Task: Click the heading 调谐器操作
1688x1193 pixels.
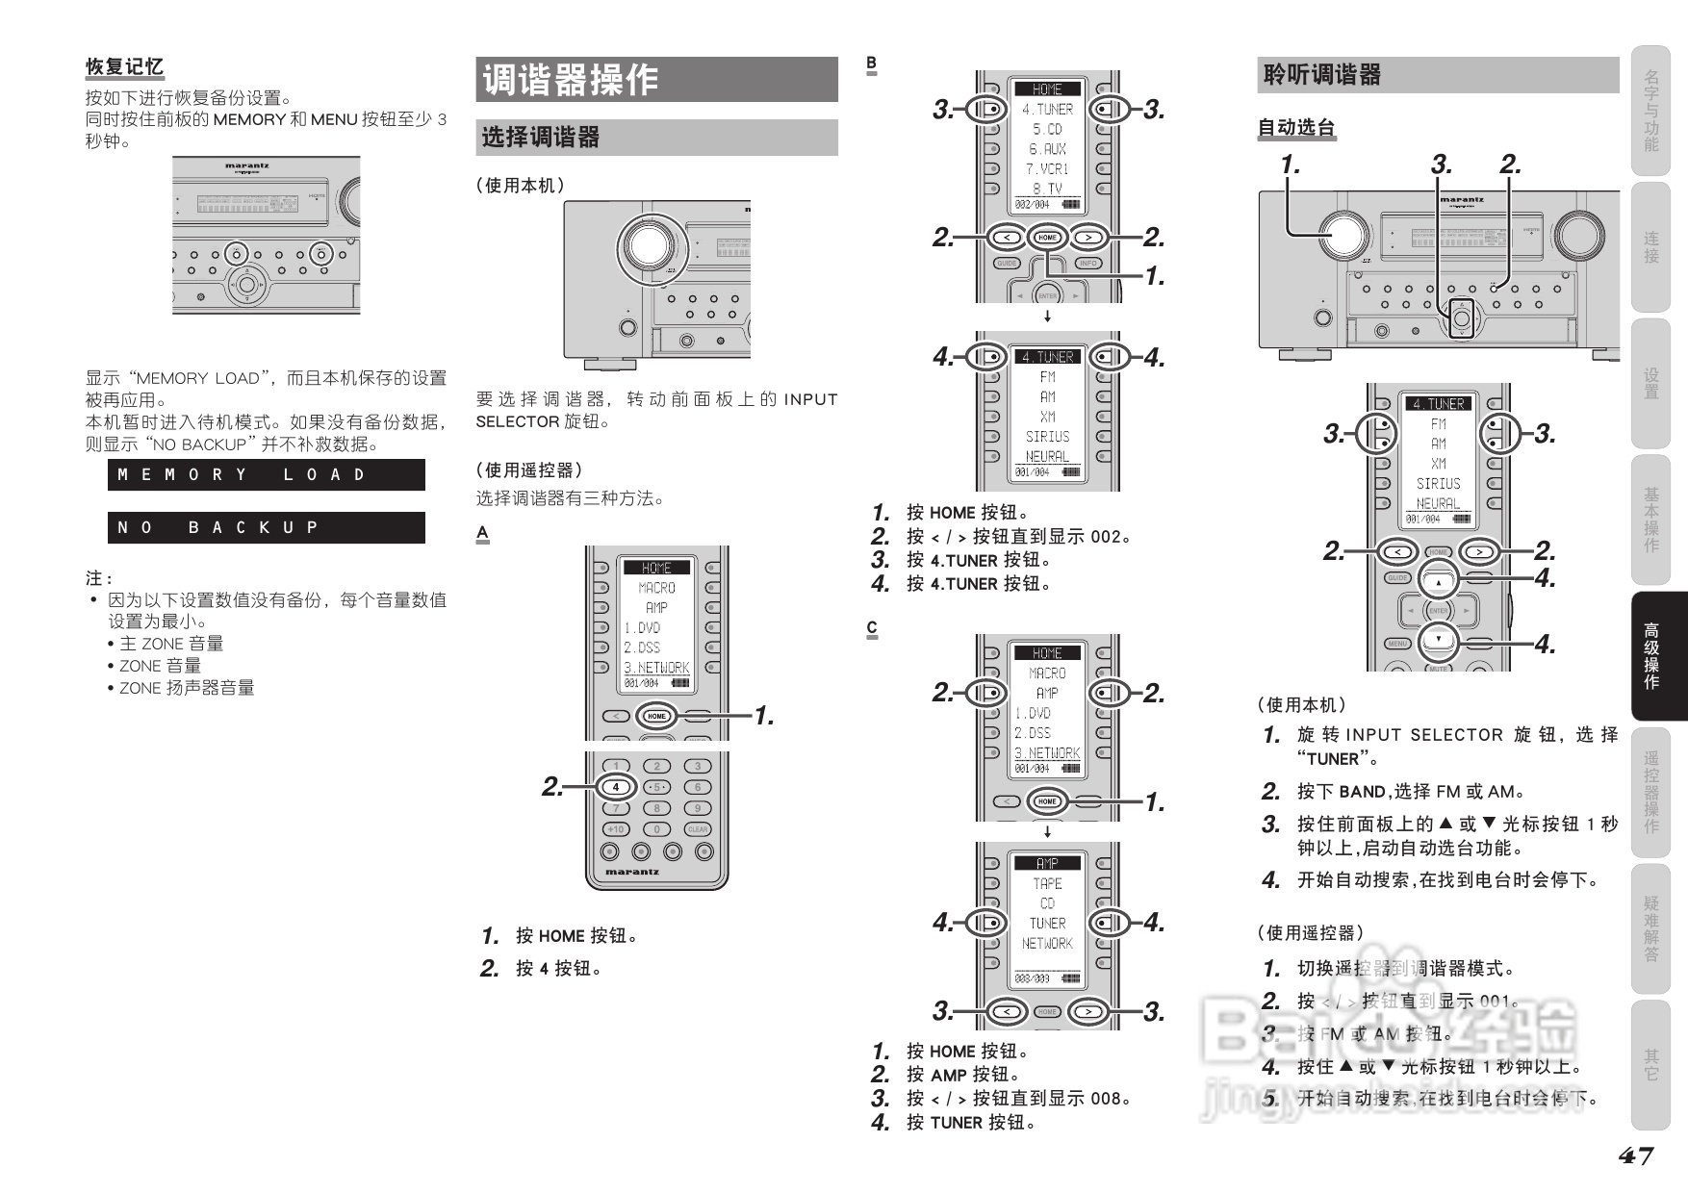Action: (570, 80)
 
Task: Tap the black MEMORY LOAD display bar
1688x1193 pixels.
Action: (266, 475)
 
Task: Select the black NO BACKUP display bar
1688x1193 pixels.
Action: (266, 527)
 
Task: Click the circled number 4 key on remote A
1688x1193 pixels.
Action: (616, 787)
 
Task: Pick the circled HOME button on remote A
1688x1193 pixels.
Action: (656, 716)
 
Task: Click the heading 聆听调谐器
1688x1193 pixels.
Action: (1321, 75)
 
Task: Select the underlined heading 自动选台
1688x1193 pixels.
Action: (1296, 127)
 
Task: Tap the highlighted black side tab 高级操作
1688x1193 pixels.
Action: (1651, 656)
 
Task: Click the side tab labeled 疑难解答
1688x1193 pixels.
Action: (1651, 928)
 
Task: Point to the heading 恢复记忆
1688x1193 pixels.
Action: (124, 67)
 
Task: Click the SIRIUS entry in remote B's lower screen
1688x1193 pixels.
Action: (1047, 437)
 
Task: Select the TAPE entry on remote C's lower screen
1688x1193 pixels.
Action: (1047, 883)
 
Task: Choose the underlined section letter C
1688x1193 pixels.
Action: (872, 628)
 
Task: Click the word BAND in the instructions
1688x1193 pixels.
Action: (1362, 792)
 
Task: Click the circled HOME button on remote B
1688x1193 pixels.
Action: (1047, 237)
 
